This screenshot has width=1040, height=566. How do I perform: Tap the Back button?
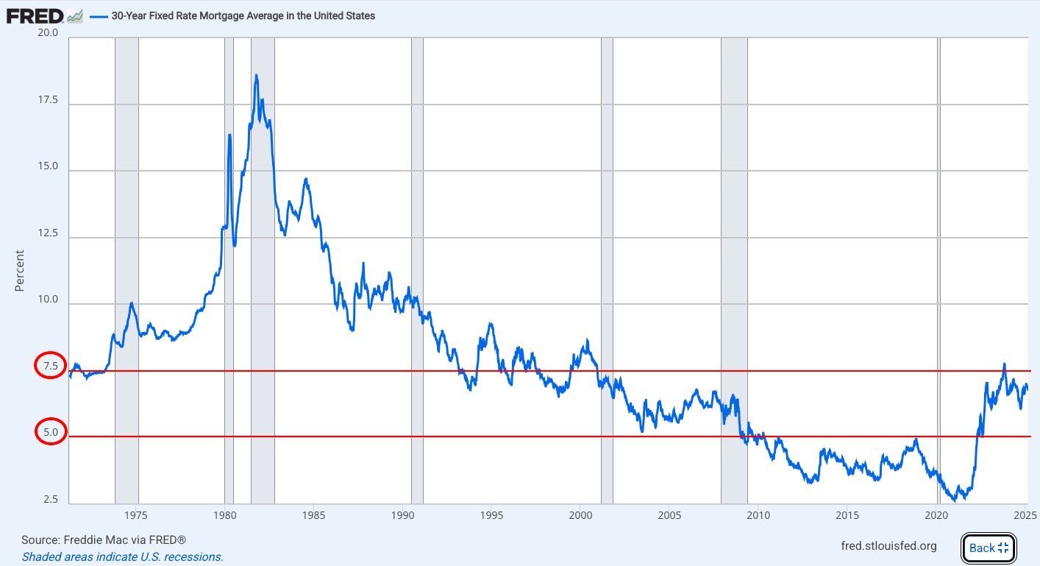pos(988,547)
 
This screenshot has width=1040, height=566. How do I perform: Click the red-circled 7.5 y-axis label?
pos(50,366)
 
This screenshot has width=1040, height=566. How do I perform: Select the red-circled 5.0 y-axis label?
pos(50,432)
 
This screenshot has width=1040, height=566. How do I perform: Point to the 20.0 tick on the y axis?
pos(49,33)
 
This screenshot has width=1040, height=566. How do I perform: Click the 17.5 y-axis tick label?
pos(49,100)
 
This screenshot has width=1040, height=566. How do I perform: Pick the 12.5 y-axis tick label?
pos(49,233)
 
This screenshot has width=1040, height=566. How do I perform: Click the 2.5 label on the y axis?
pos(50,500)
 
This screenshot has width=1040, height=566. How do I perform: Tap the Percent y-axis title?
pos(20,270)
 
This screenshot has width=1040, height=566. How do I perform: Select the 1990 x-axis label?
pos(402,514)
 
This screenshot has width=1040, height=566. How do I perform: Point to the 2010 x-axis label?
pos(758,514)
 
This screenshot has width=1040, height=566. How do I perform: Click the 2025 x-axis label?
pos(1026,514)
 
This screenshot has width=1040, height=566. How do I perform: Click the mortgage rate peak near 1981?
pos(256,75)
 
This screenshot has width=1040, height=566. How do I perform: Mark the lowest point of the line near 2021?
pos(955,500)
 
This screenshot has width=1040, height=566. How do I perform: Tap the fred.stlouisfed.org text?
pos(888,545)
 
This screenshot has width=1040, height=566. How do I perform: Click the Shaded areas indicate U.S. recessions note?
pos(122,556)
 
